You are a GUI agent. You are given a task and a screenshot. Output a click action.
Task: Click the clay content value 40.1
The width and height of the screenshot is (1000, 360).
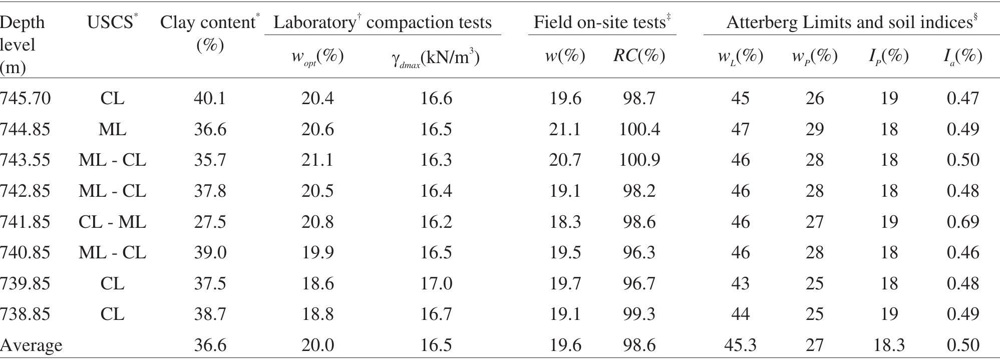coord(209,98)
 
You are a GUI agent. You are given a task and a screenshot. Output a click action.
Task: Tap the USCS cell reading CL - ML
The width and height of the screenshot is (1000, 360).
coord(112,222)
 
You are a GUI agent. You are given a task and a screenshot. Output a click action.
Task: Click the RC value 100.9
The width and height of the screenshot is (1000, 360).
coord(639,160)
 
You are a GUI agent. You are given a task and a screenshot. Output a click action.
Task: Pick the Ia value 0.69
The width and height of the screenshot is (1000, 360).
coord(962,222)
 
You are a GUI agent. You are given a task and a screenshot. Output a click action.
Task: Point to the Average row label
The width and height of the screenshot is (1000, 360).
coord(31,345)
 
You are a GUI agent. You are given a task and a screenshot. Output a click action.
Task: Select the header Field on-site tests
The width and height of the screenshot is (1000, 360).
coord(601,22)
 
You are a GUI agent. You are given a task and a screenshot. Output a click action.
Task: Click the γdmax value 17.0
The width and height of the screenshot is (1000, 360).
coord(436,283)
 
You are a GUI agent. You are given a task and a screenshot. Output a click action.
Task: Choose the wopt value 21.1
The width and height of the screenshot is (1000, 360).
coord(317,160)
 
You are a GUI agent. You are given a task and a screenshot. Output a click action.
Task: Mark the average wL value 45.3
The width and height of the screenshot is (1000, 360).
coord(740,345)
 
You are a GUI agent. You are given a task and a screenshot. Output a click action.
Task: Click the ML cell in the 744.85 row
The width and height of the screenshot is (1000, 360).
coord(112,129)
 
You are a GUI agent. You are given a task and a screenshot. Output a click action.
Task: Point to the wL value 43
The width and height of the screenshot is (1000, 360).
coord(740,283)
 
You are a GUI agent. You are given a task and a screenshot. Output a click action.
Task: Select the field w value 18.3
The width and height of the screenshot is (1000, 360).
coord(565,222)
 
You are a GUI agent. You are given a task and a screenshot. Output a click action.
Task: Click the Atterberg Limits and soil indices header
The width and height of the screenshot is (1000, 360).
coord(851,22)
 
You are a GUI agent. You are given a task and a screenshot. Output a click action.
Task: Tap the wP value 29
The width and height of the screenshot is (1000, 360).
coord(815,129)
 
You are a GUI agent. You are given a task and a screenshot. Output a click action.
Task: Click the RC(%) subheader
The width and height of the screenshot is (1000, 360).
coord(639,56)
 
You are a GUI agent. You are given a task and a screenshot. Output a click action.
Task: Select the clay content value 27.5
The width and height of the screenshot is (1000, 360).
coord(209,222)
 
